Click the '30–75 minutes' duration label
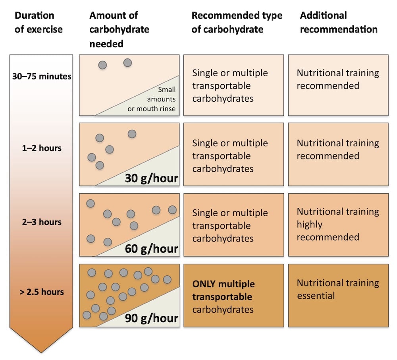click(41, 76)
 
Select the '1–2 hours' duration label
click(41, 148)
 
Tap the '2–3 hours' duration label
click(41, 222)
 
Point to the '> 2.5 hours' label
click(41, 292)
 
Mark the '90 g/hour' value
click(151, 318)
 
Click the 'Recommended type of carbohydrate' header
click(237, 23)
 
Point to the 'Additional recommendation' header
click(339, 23)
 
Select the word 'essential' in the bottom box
click(316, 296)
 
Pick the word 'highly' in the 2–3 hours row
click(310, 225)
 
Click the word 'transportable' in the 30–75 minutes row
click(222, 86)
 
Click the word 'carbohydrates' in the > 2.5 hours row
click(223, 310)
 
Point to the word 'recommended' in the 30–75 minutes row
click(328, 86)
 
